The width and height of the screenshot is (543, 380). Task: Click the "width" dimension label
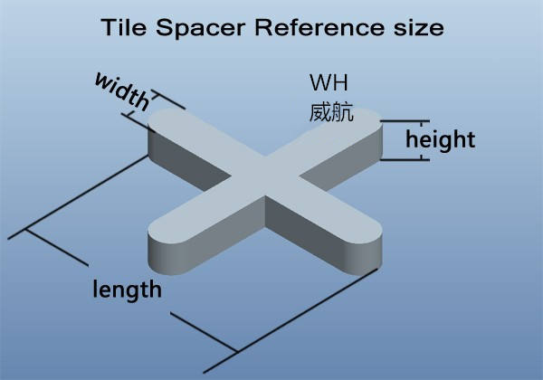(x=121, y=92)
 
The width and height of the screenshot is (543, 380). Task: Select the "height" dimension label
(x=440, y=140)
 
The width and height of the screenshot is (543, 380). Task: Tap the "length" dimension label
(x=128, y=290)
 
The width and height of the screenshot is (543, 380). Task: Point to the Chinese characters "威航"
(x=330, y=114)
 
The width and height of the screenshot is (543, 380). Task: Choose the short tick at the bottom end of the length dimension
(x=237, y=351)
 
